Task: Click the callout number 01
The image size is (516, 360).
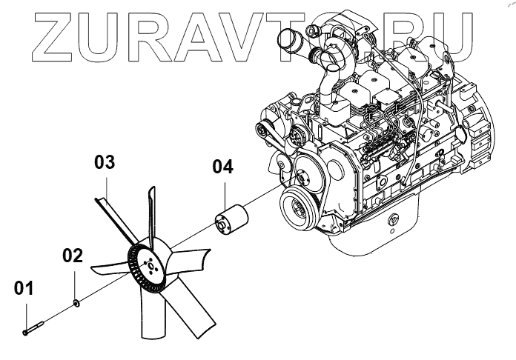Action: coord(23,289)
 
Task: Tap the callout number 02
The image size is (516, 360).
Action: coord(72,256)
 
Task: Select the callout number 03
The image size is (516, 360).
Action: coord(105,162)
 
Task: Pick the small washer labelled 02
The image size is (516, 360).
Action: coord(76,301)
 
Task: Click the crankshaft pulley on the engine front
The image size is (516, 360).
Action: coord(300,208)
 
